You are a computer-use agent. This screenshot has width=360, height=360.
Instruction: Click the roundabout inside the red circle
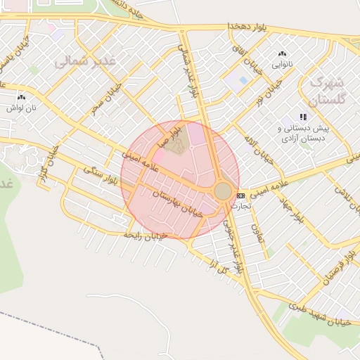[223, 191]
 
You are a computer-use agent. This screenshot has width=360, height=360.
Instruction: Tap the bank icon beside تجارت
[241, 195]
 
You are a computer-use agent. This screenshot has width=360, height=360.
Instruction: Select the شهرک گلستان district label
[328, 91]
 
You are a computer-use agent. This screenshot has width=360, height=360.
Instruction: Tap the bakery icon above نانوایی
[283, 53]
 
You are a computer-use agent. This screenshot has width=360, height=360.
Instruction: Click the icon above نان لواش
[20, 98]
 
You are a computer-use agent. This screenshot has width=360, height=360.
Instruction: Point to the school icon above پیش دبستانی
[303, 117]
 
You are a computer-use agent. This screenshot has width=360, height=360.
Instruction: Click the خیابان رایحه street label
[145, 236]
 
